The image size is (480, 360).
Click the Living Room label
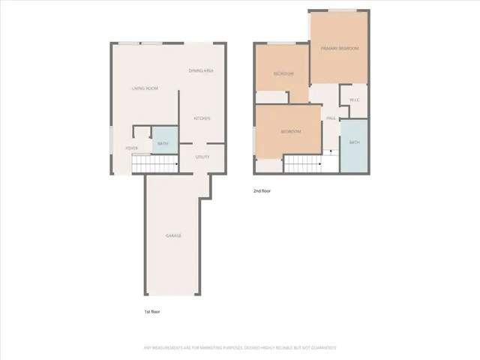[x=145, y=88]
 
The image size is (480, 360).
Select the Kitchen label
[x=202, y=118]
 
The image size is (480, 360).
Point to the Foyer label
[x=131, y=148]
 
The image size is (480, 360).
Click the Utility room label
[x=202, y=157]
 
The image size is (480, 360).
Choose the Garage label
[x=173, y=236]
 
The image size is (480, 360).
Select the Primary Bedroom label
[x=340, y=49]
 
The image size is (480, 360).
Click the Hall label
[x=330, y=118]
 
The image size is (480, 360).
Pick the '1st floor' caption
[x=153, y=310]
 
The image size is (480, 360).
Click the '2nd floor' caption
[x=262, y=191]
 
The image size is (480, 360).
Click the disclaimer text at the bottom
[x=240, y=348]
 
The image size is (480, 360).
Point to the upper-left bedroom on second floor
[x=283, y=73]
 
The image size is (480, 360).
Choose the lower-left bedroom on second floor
[x=290, y=132]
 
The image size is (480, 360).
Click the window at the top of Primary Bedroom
[x=341, y=10]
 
